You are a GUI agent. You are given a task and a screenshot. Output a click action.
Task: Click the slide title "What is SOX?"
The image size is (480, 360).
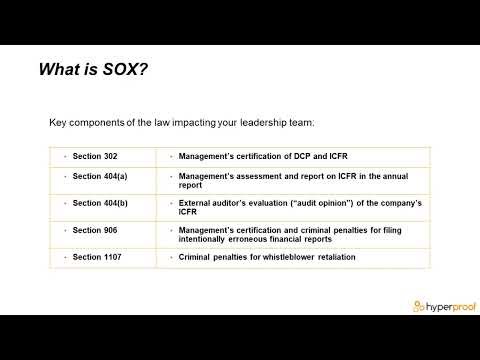(x=94, y=70)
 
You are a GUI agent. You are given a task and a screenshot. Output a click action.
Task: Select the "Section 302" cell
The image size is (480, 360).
(x=100, y=157)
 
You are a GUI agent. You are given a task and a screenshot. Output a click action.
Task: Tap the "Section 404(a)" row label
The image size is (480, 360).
(x=105, y=176)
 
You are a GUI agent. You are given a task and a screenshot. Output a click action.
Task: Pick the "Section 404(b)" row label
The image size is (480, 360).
(x=105, y=204)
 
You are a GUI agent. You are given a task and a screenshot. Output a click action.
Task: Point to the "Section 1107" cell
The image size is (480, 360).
(x=102, y=257)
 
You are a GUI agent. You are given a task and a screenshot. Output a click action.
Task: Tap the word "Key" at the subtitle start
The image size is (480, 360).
(x=59, y=123)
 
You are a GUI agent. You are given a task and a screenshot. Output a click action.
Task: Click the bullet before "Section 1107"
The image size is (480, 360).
(x=64, y=257)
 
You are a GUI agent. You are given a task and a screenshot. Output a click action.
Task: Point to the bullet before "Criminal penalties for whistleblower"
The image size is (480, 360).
(x=171, y=257)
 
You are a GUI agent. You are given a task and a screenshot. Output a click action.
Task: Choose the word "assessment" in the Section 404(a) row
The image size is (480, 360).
(x=263, y=176)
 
